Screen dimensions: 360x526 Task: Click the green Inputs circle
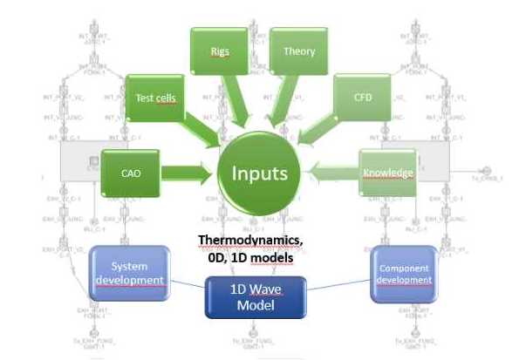tap(259, 172)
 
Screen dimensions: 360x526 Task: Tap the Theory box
tap(298, 52)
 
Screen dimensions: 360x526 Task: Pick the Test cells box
tap(154, 98)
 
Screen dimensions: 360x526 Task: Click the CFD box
tap(364, 98)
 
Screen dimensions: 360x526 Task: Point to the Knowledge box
tap(387, 173)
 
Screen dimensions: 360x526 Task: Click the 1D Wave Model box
tap(258, 297)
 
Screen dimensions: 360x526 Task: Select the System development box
tap(129, 273)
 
